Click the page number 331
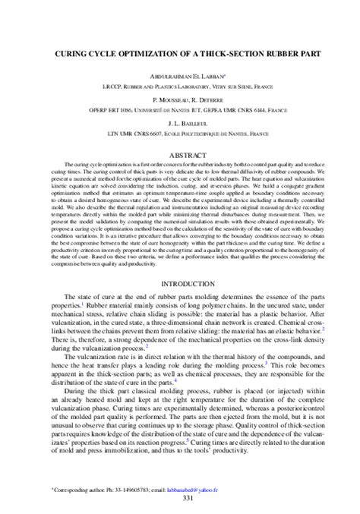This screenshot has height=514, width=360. (x=180, y=499)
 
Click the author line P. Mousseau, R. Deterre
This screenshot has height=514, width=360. (x=180, y=100)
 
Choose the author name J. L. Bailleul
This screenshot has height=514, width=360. (x=180, y=123)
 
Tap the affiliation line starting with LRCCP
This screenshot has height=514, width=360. (x=180, y=87)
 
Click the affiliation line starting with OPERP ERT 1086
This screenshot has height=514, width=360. (x=180, y=110)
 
